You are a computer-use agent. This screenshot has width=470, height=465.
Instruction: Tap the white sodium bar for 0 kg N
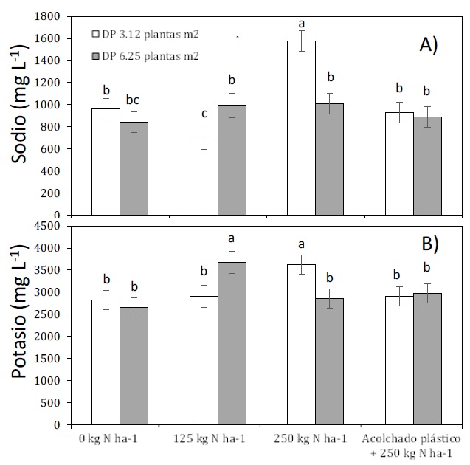click(x=106, y=162)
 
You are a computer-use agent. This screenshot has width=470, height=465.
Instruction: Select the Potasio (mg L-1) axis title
click(x=20, y=325)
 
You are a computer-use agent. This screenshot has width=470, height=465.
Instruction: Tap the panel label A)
click(x=429, y=46)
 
